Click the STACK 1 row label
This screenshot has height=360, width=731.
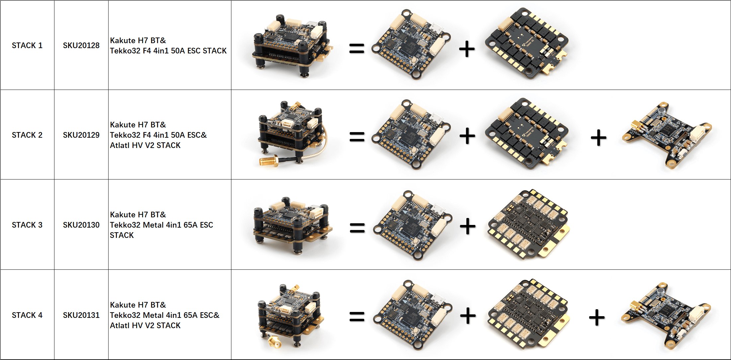click(x=27, y=45)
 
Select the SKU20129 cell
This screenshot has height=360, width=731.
click(x=81, y=135)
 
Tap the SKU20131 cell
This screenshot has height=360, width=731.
click(x=81, y=315)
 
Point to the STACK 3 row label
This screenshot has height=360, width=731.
click(x=27, y=225)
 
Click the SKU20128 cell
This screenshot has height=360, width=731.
click(x=81, y=45)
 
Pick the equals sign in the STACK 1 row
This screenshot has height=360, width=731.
click(x=357, y=48)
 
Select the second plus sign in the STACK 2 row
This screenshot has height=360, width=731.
click(x=599, y=137)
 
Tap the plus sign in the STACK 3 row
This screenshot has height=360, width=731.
click(x=467, y=226)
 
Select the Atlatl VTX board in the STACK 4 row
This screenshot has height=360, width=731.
click(x=666, y=315)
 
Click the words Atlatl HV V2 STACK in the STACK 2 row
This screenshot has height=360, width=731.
click(x=145, y=145)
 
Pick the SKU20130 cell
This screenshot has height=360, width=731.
click(x=81, y=225)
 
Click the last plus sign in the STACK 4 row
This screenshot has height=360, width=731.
click(x=597, y=318)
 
